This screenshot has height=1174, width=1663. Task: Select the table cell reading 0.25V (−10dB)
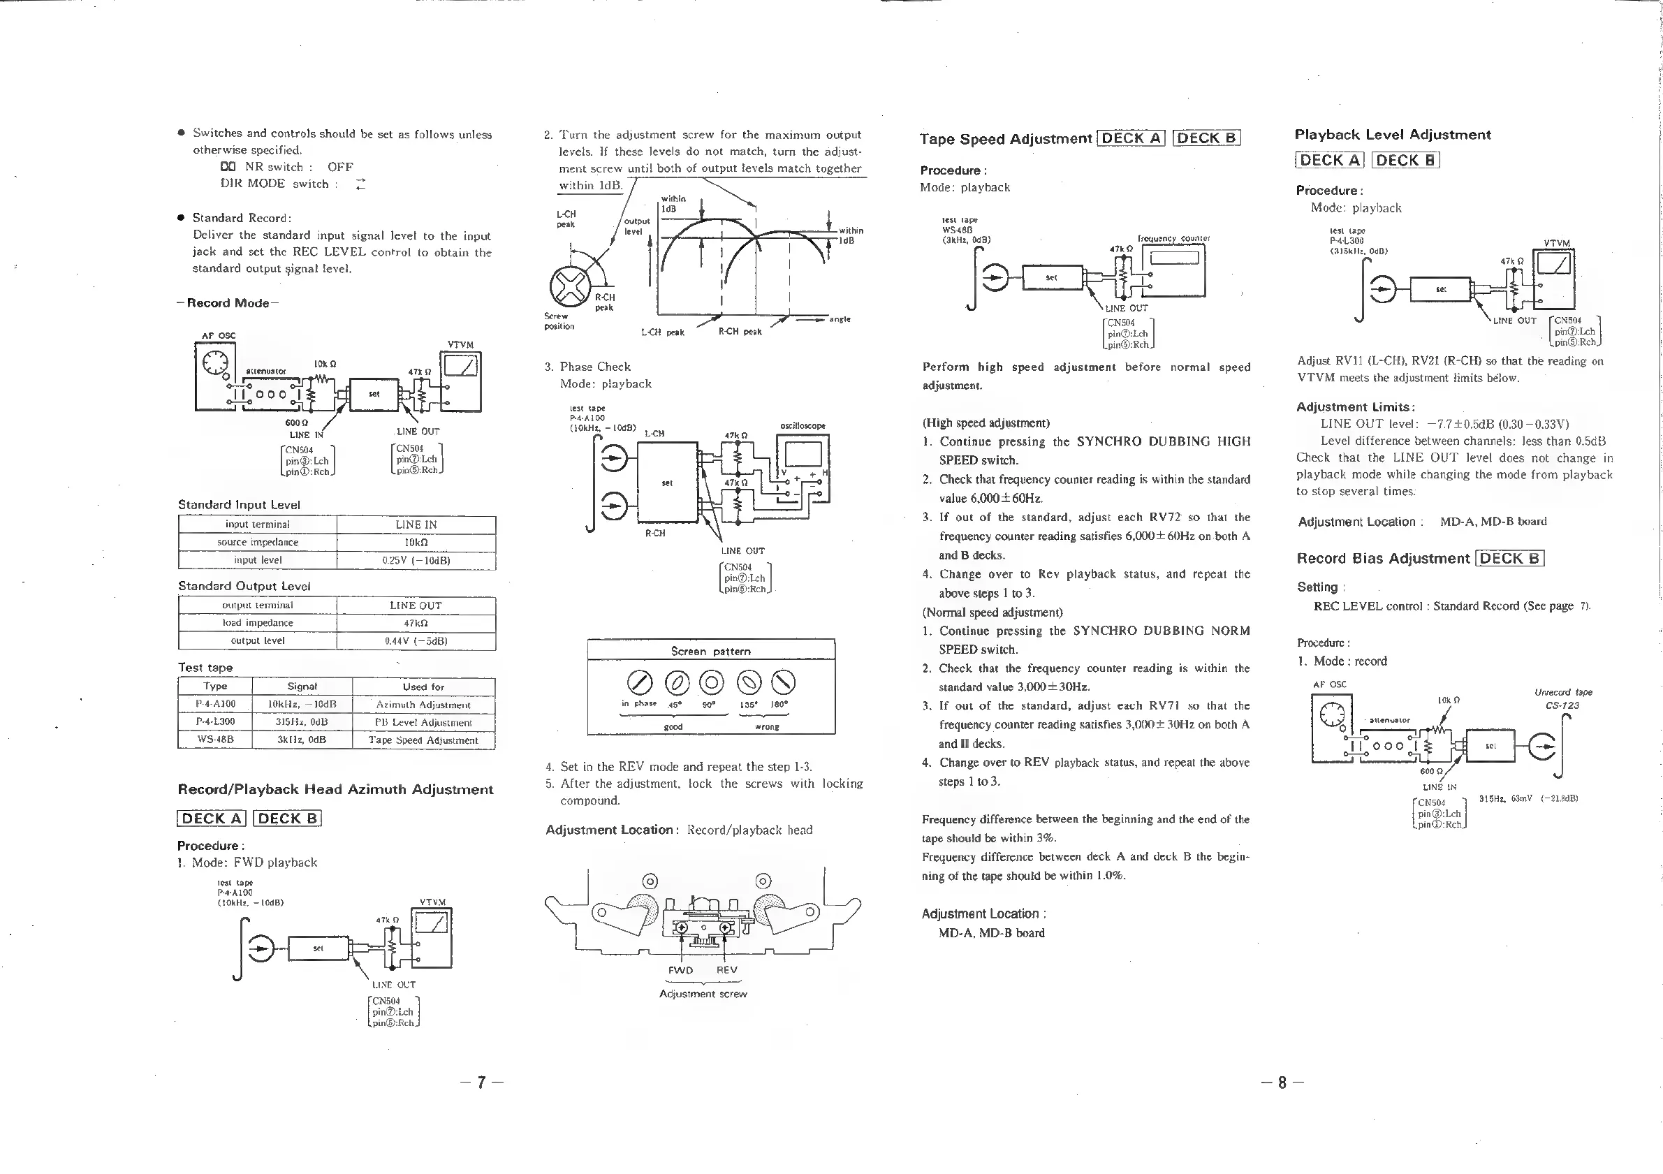click(416, 561)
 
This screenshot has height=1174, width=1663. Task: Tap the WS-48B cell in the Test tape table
click(215, 740)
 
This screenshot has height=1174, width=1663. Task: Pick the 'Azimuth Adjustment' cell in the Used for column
click(423, 705)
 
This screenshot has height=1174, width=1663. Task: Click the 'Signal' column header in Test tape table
click(302, 687)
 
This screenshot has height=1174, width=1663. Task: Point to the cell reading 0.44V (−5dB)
click(416, 641)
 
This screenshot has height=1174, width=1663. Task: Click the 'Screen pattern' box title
click(710, 651)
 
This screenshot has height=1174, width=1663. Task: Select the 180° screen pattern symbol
click(784, 682)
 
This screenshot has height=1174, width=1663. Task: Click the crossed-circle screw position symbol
click(570, 287)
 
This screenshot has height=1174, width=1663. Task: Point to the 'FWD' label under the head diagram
click(680, 970)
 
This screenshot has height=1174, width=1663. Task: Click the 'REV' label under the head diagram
click(726, 970)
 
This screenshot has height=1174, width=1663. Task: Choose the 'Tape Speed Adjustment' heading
click(1005, 139)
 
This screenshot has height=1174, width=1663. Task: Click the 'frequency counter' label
click(1173, 238)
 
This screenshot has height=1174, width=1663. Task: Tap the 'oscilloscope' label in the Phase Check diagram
click(803, 426)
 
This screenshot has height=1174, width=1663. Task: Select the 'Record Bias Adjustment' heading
click(1383, 559)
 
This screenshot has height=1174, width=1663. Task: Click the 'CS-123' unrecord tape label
click(1562, 705)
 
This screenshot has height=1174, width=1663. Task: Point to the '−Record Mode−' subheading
click(228, 302)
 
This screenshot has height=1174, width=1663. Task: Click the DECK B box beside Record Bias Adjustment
click(1510, 559)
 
